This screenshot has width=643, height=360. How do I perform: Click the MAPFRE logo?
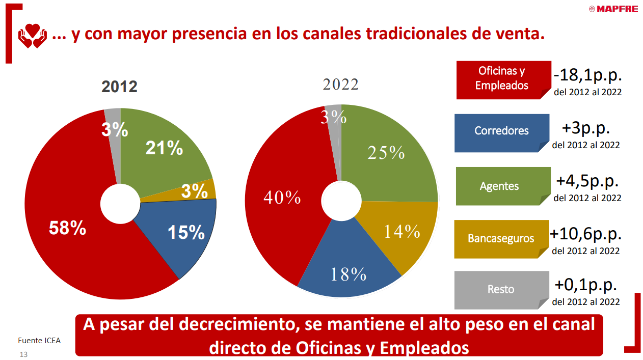(612, 9)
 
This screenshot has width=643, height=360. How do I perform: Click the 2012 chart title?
(119, 87)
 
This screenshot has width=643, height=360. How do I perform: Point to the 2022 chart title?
(340, 85)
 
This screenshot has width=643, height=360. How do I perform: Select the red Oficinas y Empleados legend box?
(502, 79)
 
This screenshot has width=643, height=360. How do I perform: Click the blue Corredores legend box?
(501, 131)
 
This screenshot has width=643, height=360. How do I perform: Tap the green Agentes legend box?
(499, 186)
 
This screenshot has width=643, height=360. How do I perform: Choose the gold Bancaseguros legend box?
(501, 238)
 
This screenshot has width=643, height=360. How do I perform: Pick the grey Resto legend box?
(501, 289)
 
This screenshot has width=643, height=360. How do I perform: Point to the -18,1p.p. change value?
(588, 76)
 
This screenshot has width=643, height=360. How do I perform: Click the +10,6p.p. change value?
(586, 234)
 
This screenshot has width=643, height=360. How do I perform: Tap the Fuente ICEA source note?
(39, 341)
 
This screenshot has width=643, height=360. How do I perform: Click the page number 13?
(23, 354)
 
